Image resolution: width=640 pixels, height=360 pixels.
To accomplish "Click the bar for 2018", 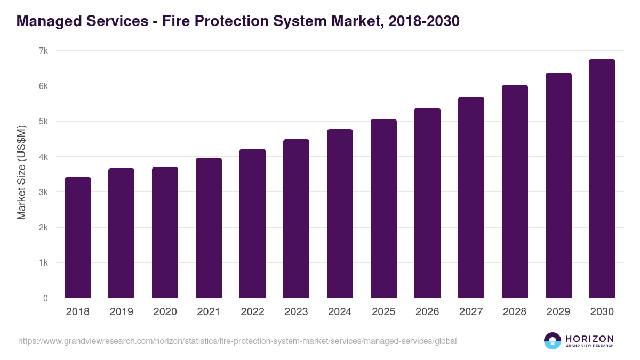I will tap(78, 237).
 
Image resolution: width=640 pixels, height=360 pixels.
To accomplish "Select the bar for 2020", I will tap(165, 233).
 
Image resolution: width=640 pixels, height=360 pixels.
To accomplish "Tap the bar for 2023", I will tap(296, 219).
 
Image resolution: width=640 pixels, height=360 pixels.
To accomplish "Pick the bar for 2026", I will tap(427, 203).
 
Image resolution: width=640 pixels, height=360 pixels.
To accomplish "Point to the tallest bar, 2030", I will tap(602, 179).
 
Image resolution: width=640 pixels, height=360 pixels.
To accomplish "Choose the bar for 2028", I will tap(515, 191).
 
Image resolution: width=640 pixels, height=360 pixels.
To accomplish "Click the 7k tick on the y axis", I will tap(43, 51).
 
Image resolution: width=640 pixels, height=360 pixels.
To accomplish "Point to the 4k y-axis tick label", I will tap(43, 157).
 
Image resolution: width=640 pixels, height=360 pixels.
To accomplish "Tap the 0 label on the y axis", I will tap(45, 299).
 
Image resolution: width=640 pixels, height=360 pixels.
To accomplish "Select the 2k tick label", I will tap(43, 228).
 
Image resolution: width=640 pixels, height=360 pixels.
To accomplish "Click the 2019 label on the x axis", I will tap(122, 312).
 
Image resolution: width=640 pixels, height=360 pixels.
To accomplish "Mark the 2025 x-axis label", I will tap(383, 312).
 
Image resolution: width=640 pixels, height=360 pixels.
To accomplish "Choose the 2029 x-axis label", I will tap(558, 312).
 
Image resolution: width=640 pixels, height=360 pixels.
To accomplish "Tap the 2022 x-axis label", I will tap(252, 312).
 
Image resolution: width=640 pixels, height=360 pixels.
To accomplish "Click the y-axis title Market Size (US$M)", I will tap(22, 173).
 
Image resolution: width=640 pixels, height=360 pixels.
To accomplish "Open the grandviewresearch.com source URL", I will tap(237, 341).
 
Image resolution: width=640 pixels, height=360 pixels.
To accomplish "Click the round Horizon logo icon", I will tap(553, 341).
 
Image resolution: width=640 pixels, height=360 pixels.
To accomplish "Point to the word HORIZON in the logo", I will tap(589, 338).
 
